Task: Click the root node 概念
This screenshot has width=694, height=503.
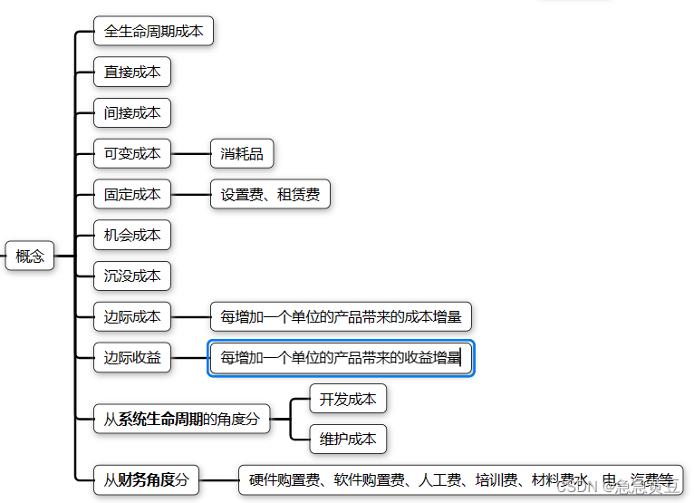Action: (30, 256)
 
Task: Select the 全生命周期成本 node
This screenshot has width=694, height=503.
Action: (153, 31)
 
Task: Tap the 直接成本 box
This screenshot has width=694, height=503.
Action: (132, 72)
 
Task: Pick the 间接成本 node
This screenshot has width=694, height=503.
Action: (132, 112)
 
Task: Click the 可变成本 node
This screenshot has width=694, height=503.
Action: (132, 153)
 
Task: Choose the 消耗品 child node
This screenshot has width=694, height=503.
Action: (242, 153)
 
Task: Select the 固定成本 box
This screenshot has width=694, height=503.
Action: (132, 194)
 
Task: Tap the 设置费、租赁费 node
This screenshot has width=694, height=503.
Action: (270, 194)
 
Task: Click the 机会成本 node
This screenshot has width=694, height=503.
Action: (132, 235)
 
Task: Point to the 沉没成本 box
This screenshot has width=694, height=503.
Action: (132, 276)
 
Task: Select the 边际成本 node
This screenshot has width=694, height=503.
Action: (132, 316)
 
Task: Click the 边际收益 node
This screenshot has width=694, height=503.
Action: (132, 357)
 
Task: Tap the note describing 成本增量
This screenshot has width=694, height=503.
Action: (341, 316)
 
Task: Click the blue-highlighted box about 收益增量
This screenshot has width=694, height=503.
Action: (341, 357)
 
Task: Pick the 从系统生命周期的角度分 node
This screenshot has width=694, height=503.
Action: (181, 419)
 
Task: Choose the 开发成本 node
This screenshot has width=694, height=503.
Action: (348, 398)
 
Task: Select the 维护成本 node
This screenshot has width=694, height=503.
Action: (348, 439)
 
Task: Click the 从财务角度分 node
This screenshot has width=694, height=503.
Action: (146, 479)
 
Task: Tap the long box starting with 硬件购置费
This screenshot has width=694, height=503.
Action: (460, 479)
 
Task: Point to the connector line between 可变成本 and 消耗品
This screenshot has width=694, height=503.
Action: (190, 153)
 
